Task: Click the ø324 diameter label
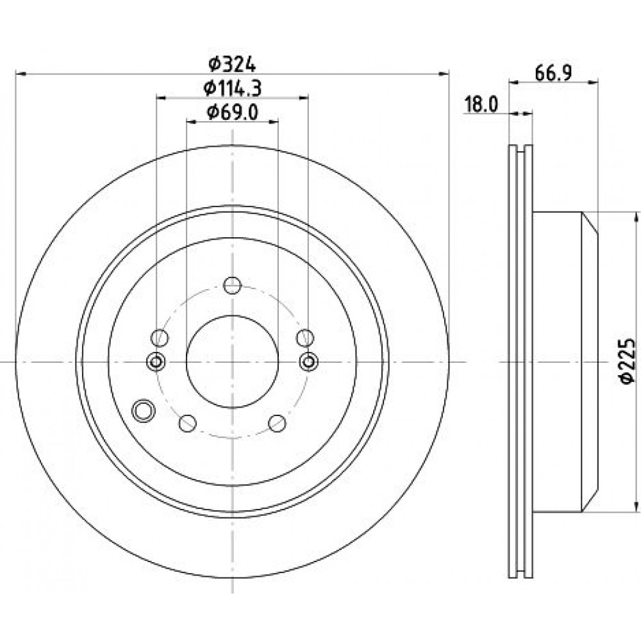coord(232,63)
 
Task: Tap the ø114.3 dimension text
coord(232,88)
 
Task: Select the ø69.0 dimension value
coord(232,112)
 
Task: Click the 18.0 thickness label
coord(481,104)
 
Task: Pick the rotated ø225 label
coord(627,361)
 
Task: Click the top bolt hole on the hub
coord(232,285)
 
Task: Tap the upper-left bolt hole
coord(160,338)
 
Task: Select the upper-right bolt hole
coord(305,338)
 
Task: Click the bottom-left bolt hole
coord(188,423)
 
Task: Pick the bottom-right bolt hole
coord(277,423)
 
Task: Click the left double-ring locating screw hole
coord(156,362)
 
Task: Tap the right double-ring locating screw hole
coord(309,362)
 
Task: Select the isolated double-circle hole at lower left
coord(143,410)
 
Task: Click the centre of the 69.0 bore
coord(232,362)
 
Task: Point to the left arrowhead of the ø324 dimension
coord(21,74)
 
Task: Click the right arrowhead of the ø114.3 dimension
coord(303,97)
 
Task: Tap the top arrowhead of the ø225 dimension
coord(635,217)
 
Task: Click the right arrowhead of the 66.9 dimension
coord(593,83)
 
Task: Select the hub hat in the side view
coord(565,362)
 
